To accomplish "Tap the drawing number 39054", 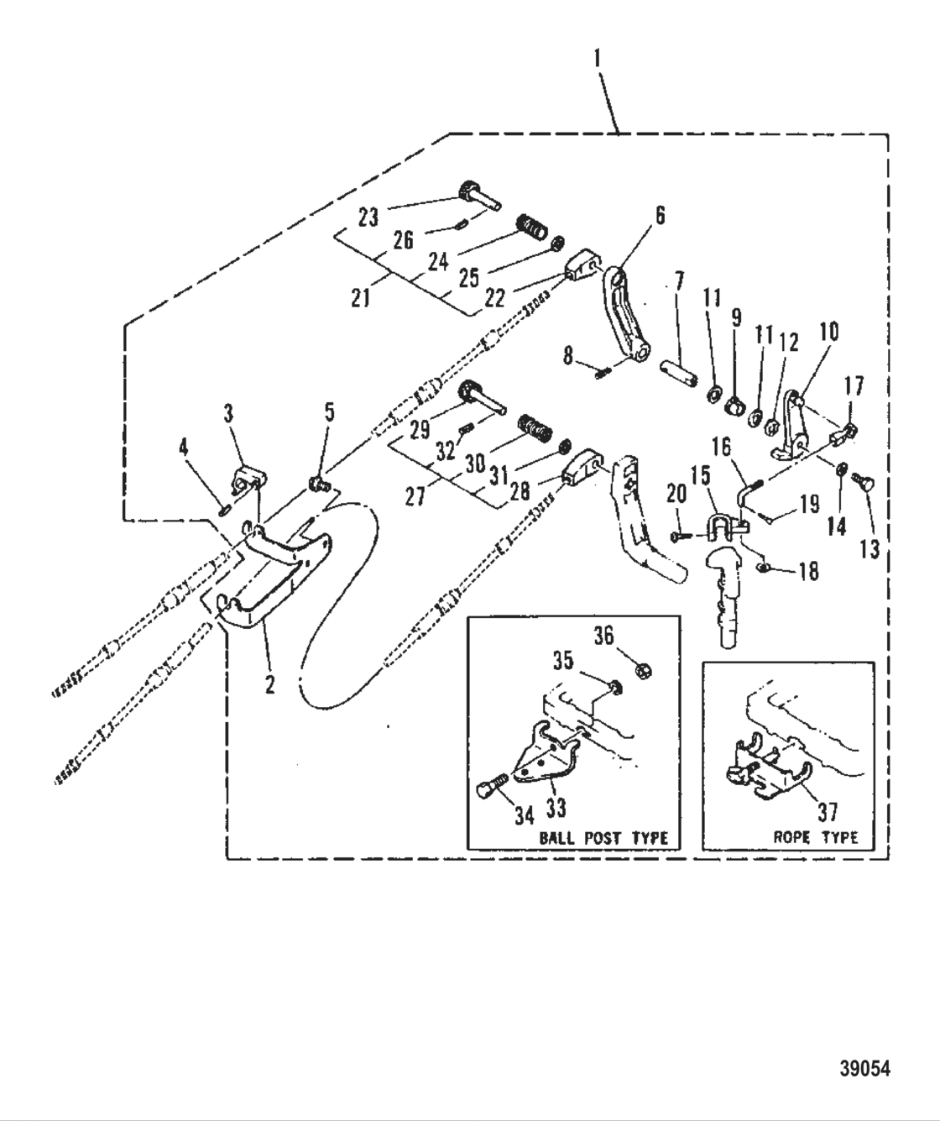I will point(864,1070).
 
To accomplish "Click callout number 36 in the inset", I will point(627,635).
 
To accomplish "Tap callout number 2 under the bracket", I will point(269,684).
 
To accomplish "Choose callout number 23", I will point(368,217).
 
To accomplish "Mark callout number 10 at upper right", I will point(828,333).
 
